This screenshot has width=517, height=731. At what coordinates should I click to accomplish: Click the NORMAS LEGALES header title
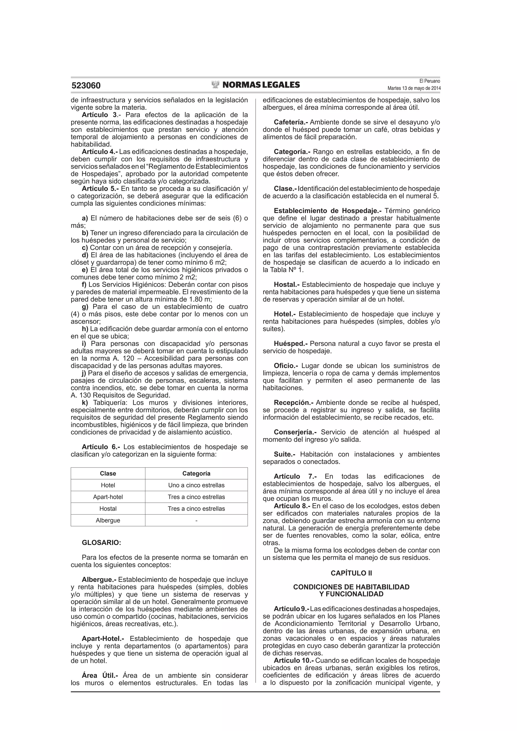[x=261, y=85]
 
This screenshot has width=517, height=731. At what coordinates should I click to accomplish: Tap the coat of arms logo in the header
[x=216, y=84]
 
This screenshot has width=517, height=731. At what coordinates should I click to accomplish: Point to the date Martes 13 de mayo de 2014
[x=414, y=88]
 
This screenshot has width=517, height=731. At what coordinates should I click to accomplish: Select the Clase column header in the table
[x=108, y=473]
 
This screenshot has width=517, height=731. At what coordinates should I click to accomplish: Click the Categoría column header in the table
[x=196, y=473]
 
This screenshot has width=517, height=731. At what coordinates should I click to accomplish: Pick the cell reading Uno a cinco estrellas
[x=196, y=485]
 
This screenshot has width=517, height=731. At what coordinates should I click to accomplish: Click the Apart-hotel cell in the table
[x=108, y=497]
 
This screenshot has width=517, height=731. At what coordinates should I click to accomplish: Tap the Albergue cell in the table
[x=108, y=521]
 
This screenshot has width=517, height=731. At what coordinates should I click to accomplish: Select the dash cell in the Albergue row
[x=196, y=521]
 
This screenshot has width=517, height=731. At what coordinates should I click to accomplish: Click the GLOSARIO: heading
[x=101, y=543]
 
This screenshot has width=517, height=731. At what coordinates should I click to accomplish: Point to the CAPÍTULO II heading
[x=351, y=573]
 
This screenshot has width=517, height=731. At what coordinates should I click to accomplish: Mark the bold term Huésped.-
[x=291, y=343]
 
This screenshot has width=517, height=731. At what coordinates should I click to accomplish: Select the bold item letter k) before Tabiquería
[x=85, y=403]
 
